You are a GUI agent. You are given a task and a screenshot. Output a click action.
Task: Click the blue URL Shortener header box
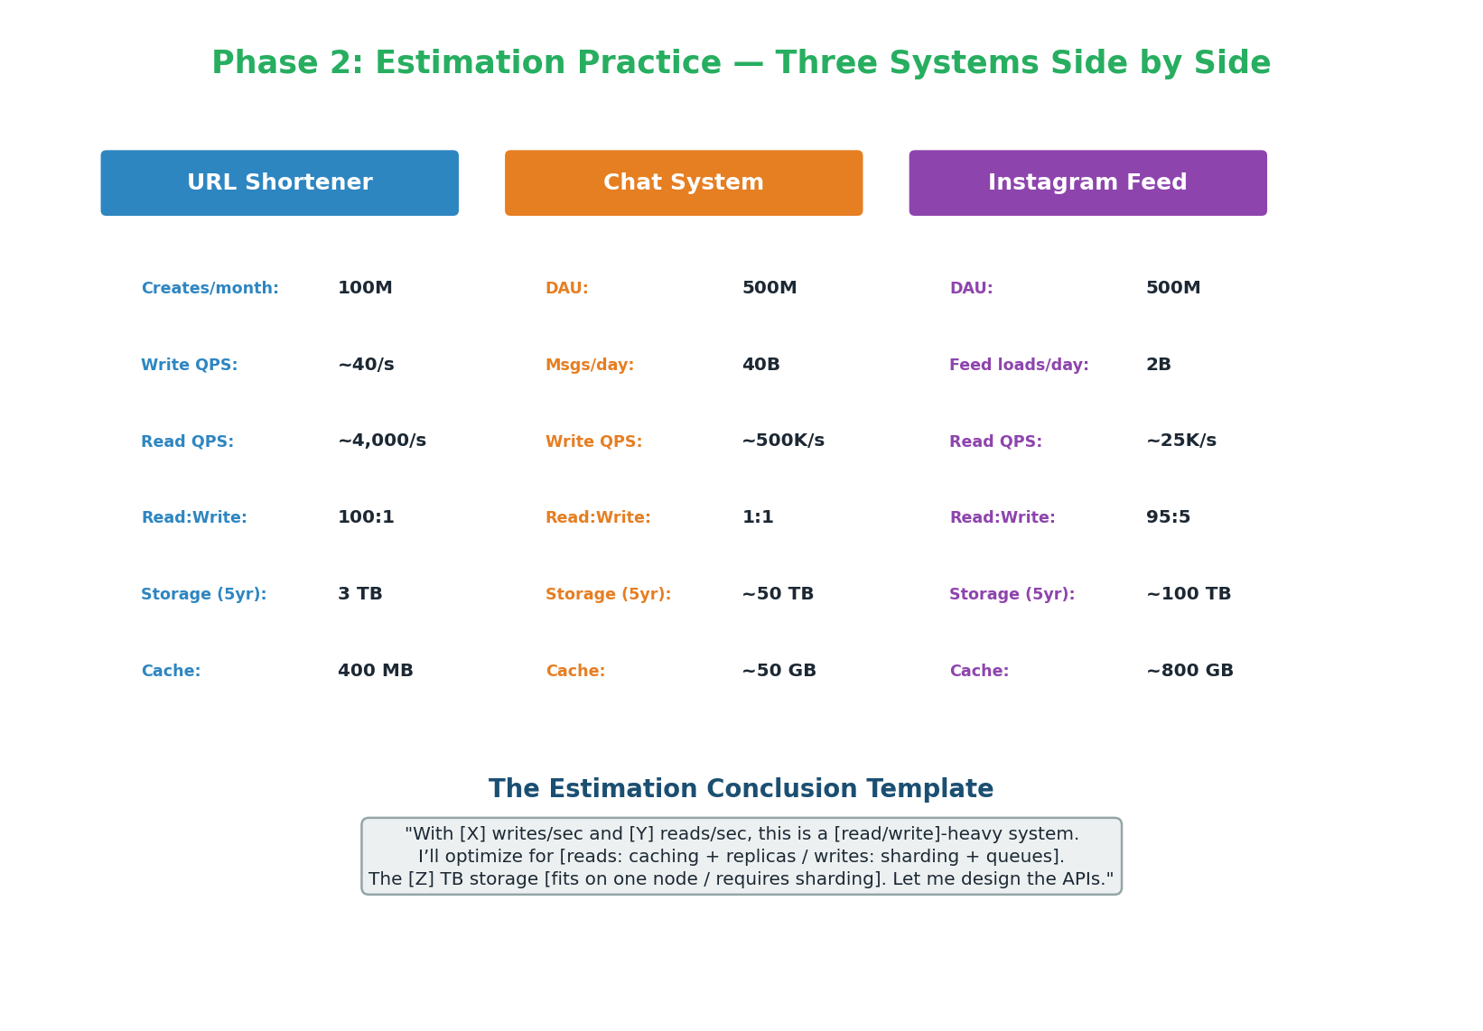click(x=279, y=182)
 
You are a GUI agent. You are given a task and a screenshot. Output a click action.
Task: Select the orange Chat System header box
click(x=683, y=182)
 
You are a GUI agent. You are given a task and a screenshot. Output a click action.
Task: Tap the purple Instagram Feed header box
click(x=1087, y=182)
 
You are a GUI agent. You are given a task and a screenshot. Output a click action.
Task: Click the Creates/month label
click(x=210, y=289)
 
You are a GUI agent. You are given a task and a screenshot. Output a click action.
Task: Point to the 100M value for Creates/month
click(x=365, y=288)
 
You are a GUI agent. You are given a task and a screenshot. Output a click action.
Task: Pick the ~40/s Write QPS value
click(x=366, y=365)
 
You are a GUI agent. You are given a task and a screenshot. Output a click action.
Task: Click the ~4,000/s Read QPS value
click(x=382, y=441)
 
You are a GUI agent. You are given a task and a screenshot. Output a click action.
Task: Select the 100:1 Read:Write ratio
click(x=366, y=516)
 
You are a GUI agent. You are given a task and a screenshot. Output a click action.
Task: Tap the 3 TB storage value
click(x=360, y=593)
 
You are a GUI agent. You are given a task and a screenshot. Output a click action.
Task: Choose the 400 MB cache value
click(x=376, y=671)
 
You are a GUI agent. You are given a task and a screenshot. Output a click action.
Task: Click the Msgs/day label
click(x=589, y=366)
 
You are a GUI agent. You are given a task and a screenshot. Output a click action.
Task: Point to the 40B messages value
click(x=760, y=365)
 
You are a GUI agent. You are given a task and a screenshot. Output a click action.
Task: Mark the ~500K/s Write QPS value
click(x=783, y=441)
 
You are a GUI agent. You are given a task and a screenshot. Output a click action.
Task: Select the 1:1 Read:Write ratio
click(x=758, y=516)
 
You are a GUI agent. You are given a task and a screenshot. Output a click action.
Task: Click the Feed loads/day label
click(x=1019, y=366)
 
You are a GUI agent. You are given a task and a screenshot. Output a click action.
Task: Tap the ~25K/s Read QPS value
click(x=1181, y=441)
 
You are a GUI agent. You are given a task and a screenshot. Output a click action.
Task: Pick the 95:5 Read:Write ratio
click(x=1168, y=516)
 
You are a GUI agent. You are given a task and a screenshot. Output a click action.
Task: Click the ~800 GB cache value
click(x=1189, y=671)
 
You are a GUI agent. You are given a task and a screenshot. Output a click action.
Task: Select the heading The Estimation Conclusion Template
click(x=741, y=789)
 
